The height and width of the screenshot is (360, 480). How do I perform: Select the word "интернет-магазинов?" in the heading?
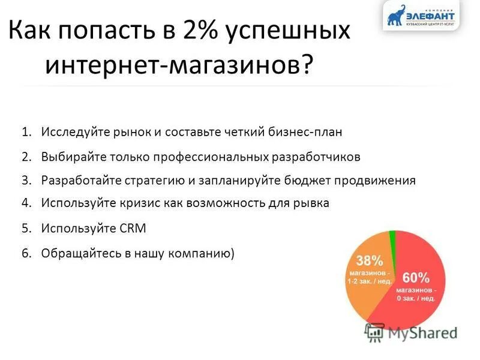pyautogui.click(x=179, y=64)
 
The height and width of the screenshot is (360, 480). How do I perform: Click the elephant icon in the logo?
pyautogui.click(x=397, y=16)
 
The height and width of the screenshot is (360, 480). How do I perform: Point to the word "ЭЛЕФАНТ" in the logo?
pyautogui.click(x=431, y=15)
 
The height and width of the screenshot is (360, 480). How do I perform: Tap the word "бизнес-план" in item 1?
pyautogui.click(x=310, y=131)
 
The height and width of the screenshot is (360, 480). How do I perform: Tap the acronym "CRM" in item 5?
pyautogui.click(x=132, y=229)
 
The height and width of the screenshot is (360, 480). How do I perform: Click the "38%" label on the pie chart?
pyautogui.click(x=369, y=260)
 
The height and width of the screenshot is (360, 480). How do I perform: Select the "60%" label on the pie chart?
pyautogui.click(x=415, y=278)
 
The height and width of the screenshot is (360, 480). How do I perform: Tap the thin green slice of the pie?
pyautogui.click(x=393, y=238)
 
